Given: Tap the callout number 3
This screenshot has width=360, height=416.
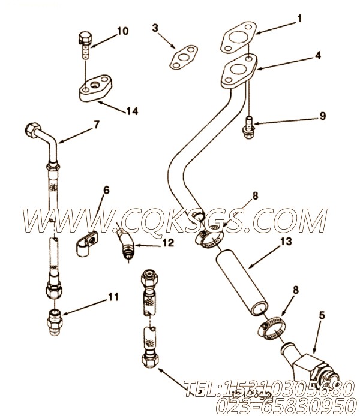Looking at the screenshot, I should tap(155, 28).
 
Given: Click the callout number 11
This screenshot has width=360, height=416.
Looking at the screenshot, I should tap(113, 296).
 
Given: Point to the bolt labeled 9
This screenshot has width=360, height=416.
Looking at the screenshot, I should tap(248, 128).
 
